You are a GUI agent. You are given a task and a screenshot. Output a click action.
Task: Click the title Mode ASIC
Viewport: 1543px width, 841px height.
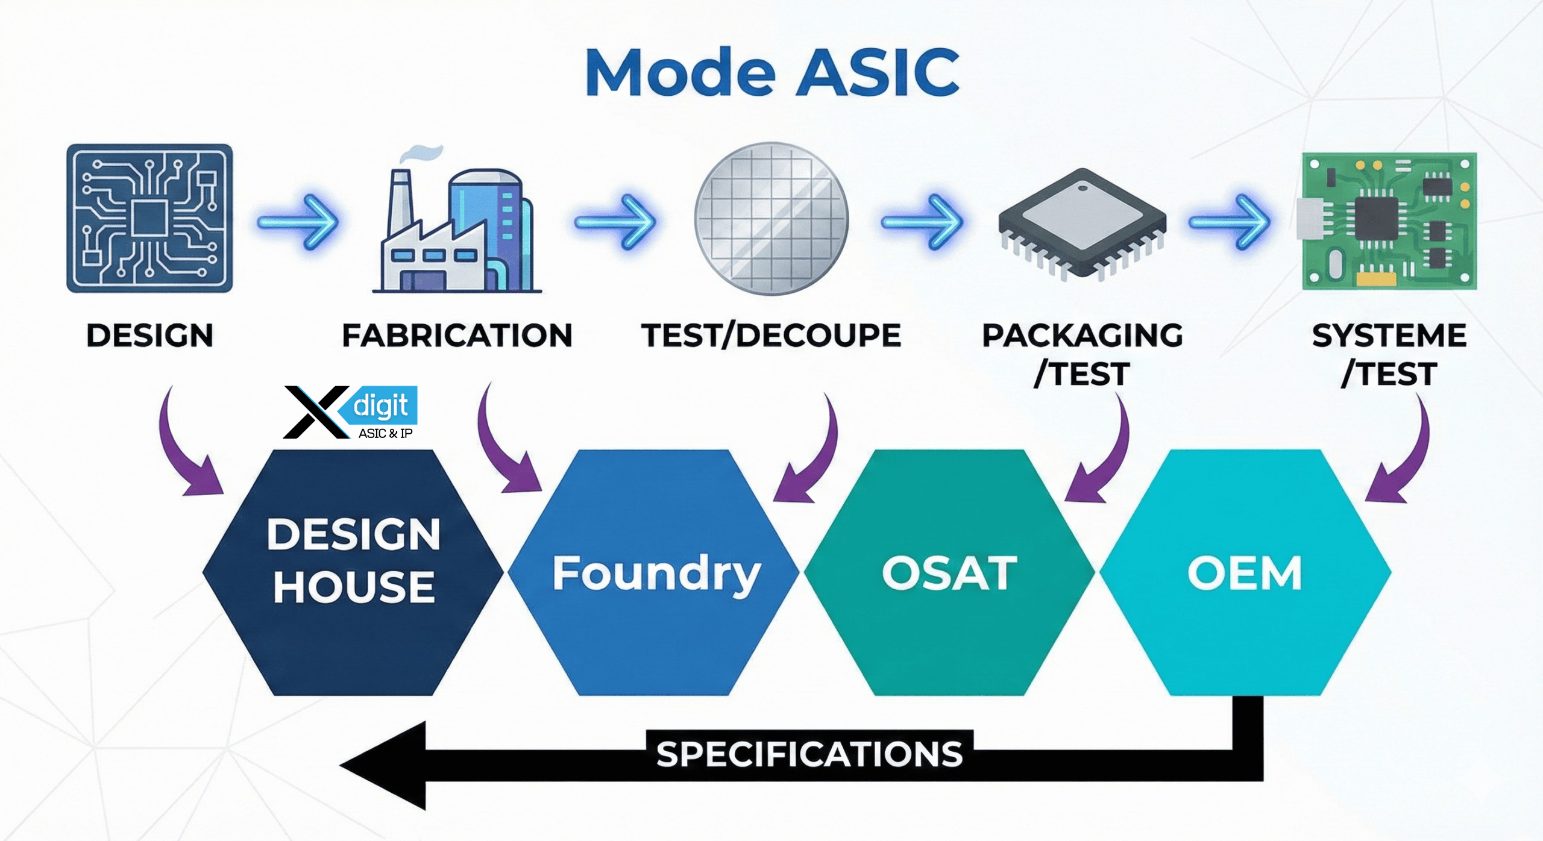(x=772, y=72)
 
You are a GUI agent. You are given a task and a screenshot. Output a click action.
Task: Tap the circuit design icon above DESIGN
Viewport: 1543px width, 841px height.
(x=149, y=218)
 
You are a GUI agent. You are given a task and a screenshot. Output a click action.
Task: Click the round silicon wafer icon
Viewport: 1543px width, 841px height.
(x=771, y=219)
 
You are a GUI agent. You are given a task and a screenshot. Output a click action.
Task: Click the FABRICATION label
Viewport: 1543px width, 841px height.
(x=457, y=335)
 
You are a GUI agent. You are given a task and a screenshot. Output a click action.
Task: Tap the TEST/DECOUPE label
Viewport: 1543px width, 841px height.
(x=771, y=335)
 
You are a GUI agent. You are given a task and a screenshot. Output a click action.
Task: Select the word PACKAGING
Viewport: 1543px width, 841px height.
(x=1083, y=335)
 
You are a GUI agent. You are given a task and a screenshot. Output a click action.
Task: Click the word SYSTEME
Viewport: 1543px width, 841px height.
(x=1389, y=335)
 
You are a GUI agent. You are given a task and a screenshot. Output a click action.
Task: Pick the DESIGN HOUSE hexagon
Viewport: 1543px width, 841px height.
(x=353, y=572)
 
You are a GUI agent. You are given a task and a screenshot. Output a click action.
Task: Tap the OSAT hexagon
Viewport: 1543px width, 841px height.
(x=949, y=572)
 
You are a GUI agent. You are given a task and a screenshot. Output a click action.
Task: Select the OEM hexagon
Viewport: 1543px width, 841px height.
(x=1245, y=572)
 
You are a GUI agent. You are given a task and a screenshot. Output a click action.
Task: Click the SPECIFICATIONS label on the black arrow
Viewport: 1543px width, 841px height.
(x=809, y=754)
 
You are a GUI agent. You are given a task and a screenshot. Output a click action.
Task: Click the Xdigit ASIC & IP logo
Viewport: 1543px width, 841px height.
(x=351, y=413)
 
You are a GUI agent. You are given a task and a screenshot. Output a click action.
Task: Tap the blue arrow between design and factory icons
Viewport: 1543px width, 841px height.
(x=298, y=222)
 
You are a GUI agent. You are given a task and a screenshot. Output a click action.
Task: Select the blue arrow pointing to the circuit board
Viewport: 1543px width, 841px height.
(x=1230, y=222)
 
